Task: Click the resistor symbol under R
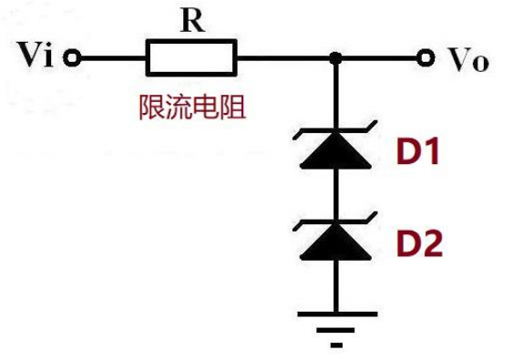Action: point(191,59)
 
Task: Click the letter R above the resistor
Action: point(191,22)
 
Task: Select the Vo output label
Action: point(468,60)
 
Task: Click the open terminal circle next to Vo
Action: point(424,59)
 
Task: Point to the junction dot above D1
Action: point(336,59)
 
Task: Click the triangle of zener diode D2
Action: point(336,240)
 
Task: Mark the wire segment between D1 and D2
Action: point(336,194)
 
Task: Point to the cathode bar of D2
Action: point(336,222)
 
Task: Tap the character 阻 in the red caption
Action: point(236,108)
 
